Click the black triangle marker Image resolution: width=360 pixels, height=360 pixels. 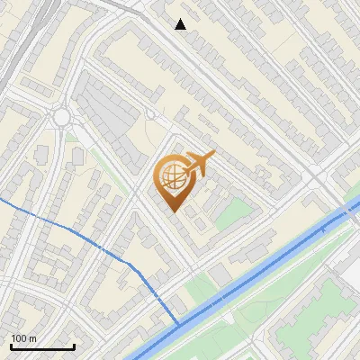pos(181,24)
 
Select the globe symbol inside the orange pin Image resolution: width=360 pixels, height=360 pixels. pos(171,177)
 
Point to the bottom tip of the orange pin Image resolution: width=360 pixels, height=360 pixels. pos(173,211)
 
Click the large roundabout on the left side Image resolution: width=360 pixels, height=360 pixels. pos(62,117)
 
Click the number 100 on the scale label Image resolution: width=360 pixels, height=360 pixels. pos(19,338)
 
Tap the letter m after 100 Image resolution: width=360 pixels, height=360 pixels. pos(32,338)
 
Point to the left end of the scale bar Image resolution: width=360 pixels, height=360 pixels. pos(11,346)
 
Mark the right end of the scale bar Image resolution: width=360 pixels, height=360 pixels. pos(74,346)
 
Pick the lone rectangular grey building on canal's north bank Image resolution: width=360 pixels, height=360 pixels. pos(220,274)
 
